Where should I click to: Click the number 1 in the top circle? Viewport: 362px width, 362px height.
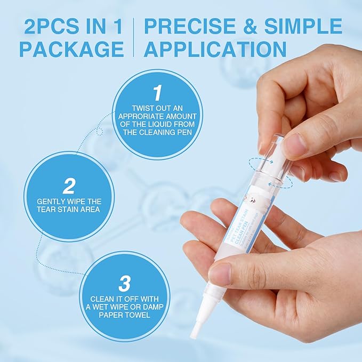click(x=157, y=93)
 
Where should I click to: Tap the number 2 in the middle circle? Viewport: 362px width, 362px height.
click(x=69, y=186)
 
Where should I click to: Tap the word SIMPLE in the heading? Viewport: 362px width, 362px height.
click(x=307, y=26)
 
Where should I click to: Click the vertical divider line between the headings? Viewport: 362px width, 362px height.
click(x=134, y=37)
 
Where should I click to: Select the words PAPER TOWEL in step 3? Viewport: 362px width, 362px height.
click(x=124, y=315)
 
